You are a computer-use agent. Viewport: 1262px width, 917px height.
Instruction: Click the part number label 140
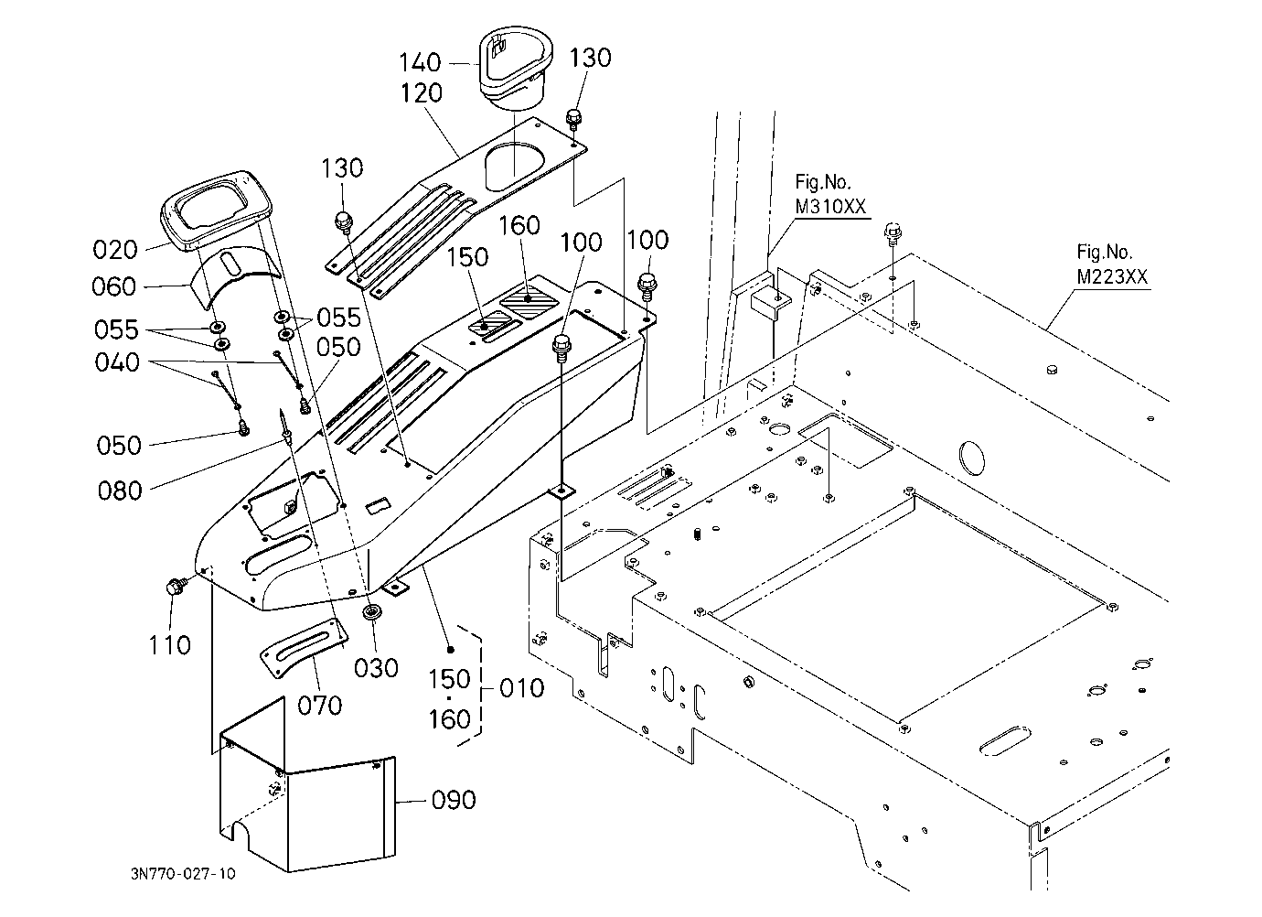pyautogui.click(x=420, y=62)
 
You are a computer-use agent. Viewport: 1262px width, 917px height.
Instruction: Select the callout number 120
pyautogui.click(x=421, y=93)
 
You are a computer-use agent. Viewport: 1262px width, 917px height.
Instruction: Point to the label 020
pyautogui.click(x=115, y=250)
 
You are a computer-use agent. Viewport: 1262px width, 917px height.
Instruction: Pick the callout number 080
pyautogui.click(x=120, y=491)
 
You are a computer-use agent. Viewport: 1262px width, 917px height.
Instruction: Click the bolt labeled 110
pyautogui.click(x=175, y=588)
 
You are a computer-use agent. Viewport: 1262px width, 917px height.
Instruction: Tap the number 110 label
pyautogui.click(x=169, y=645)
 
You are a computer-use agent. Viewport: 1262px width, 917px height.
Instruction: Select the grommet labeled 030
pyautogui.click(x=371, y=611)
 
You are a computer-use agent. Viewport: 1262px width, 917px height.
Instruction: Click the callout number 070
pyautogui.click(x=319, y=706)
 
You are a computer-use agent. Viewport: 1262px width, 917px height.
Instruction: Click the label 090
pyautogui.click(x=454, y=800)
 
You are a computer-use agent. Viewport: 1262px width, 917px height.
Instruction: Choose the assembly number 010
pyautogui.click(x=521, y=688)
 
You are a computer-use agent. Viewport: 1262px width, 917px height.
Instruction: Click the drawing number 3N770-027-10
pyautogui.click(x=183, y=874)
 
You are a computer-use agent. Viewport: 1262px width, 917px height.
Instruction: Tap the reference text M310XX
pyautogui.click(x=829, y=207)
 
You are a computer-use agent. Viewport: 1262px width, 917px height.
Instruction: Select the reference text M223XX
pyautogui.click(x=1112, y=277)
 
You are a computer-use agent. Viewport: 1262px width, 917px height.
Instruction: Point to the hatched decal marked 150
pyautogui.click(x=485, y=326)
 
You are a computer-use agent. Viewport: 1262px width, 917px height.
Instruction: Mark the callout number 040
pyautogui.click(x=117, y=362)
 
